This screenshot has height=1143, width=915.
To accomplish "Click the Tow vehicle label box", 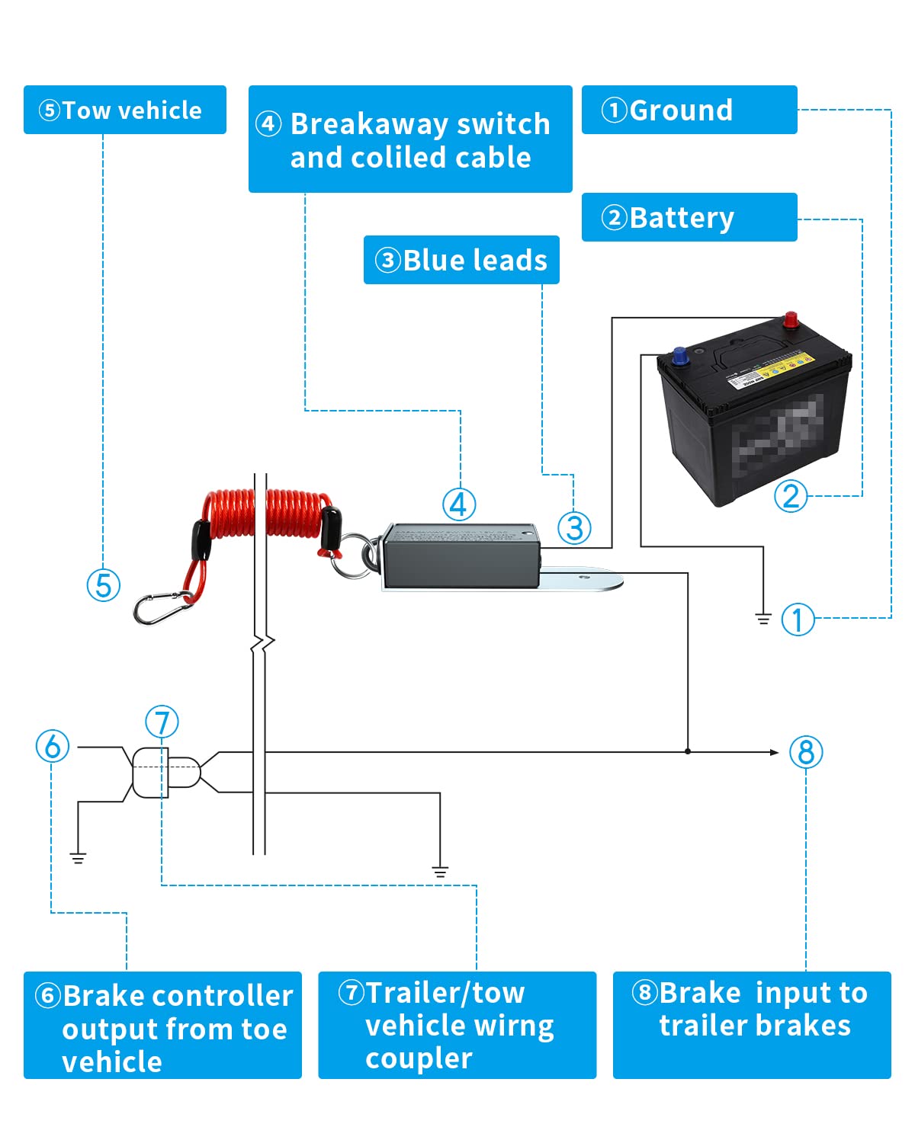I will pyautogui.click(x=124, y=110).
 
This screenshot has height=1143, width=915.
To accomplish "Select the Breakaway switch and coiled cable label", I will pyautogui.click(x=410, y=139).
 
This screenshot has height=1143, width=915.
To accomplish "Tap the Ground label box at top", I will pyautogui.click(x=689, y=110).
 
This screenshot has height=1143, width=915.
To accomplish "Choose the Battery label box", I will pyautogui.click(x=689, y=217).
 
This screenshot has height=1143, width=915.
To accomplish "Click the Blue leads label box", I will pyautogui.click(x=461, y=260).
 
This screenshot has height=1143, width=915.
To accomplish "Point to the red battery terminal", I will pyautogui.click(x=791, y=319).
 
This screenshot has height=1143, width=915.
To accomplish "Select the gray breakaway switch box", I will pyautogui.click(x=460, y=555).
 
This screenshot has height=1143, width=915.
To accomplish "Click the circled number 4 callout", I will pyautogui.click(x=459, y=504).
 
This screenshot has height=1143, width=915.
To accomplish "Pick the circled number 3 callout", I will pyautogui.click(x=574, y=528).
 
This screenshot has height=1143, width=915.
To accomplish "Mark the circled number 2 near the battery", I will pyautogui.click(x=791, y=497).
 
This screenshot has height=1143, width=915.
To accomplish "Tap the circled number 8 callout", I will pyautogui.click(x=806, y=752).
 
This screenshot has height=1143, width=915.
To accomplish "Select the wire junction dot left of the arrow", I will pyautogui.click(x=688, y=751).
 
